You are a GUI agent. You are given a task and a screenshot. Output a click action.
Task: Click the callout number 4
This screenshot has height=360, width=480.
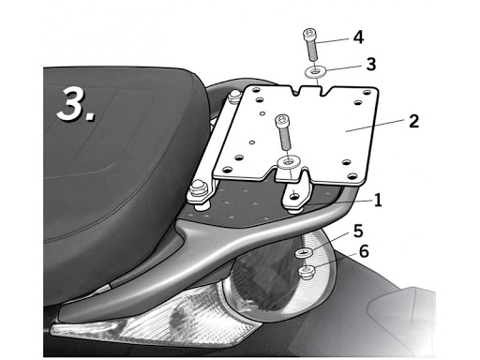click(x=358, y=37)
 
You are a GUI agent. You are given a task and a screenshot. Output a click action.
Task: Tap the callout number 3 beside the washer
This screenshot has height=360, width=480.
click(x=371, y=65)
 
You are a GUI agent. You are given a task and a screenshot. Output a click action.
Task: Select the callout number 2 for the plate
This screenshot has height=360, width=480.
click(x=413, y=121)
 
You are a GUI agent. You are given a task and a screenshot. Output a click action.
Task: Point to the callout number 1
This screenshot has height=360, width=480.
click(x=378, y=201)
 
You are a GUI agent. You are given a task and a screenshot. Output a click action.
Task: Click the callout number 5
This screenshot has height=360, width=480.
click(x=358, y=232)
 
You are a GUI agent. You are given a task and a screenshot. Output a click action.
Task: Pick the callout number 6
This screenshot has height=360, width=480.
click(x=364, y=251)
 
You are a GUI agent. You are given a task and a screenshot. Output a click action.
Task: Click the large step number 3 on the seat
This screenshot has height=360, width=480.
click(x=75, y=104)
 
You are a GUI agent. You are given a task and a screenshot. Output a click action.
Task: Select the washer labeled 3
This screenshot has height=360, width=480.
click(x=316, y=71)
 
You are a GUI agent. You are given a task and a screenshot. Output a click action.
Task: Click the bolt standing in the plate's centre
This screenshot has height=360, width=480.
click(x=283, y=131)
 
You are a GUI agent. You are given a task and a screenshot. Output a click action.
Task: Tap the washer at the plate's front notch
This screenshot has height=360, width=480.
click(x=289, y=162)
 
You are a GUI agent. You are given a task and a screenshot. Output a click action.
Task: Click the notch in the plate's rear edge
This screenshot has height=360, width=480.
click(x=310, y=90)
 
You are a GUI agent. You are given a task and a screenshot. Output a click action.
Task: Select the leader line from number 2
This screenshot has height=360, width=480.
click(x=377, y=125)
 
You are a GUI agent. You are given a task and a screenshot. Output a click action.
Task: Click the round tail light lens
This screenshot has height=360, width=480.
click(x=281, y=275)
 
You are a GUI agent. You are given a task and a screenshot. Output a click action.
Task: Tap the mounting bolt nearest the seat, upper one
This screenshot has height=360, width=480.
click(x=234, y=97)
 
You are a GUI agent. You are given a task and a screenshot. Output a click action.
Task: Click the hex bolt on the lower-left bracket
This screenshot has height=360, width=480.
click(x=198, y=189)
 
